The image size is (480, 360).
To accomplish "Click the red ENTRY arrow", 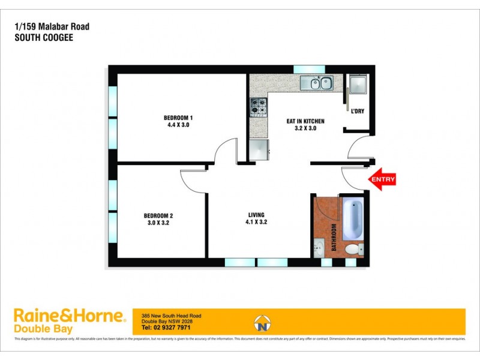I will tap(382, 179).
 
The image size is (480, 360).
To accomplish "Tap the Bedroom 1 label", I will tap(178, 117).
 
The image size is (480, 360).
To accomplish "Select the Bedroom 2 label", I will tap(158, 215).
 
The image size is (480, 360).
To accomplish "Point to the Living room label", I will tap(256, 215).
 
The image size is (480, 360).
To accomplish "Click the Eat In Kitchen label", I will tap(305, 121).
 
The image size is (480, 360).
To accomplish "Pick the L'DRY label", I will tap(358, 112).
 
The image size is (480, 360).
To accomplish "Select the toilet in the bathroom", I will tap(352, 248).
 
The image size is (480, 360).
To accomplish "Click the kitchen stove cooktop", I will tap(258, 106).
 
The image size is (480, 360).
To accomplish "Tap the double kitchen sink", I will tap(319, 83).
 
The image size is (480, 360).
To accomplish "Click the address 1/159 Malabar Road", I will tap(41, 27).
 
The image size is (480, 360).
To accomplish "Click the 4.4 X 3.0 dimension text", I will tap(178, 125).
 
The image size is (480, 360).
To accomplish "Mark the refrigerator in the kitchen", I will tap(259, 149).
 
